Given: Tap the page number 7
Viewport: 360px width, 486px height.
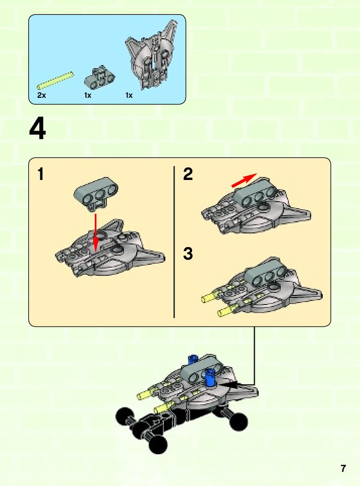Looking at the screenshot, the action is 343,468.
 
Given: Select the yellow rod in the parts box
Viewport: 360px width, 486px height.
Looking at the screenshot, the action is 55,81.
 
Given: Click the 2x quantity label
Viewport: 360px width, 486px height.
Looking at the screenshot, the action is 41,95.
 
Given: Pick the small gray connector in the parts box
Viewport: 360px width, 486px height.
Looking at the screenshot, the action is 99,76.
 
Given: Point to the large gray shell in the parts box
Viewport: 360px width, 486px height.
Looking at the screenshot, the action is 151,54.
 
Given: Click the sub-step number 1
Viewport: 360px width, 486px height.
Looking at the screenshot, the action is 41,174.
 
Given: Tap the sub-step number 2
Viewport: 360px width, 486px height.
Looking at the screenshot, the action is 188,174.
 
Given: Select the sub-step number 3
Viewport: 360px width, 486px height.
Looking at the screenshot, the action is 188,254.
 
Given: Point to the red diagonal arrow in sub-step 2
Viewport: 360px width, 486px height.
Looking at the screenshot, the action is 245,180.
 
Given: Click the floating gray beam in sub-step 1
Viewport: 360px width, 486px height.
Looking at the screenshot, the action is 96,194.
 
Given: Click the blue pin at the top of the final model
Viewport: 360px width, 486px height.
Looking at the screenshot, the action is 193,359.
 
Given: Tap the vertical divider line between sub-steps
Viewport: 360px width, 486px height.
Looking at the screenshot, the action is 174,242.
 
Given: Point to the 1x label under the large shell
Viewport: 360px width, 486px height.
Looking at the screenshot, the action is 129,95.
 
